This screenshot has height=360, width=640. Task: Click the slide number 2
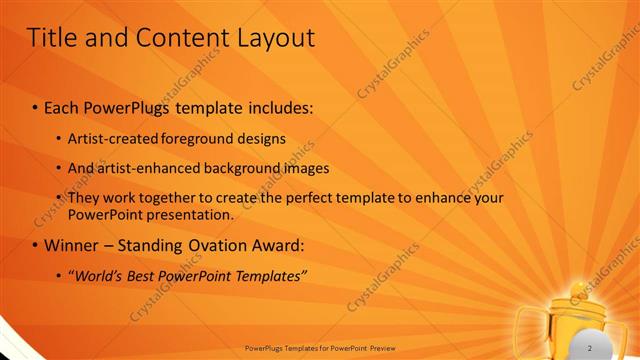pos(591,347)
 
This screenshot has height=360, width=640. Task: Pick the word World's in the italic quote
pos(102,275)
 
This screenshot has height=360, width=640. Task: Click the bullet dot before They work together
pos(58,198)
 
